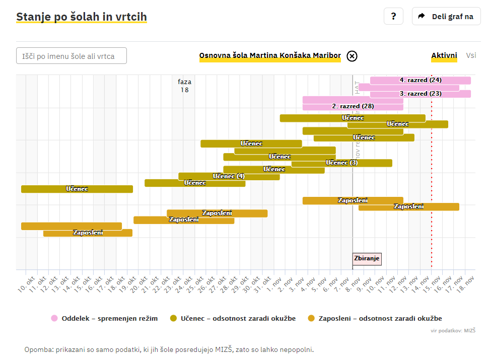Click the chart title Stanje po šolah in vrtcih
pos(82,17)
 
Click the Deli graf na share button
pos(446,16)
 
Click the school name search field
pos(72,56)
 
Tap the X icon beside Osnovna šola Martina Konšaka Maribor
pos(352,56)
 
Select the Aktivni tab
pos(444,55)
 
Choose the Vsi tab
pos(471,55)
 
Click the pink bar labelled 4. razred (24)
pos(421,80)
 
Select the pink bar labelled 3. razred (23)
pos(421,94)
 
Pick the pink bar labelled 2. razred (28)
pos(353,106)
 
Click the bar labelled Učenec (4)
pos(229,176)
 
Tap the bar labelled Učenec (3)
pos(341,163)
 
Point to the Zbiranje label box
pos(367,259)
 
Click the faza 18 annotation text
pos(184,86)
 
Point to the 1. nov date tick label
pos(274,284)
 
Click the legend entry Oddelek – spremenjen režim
pos(104,318)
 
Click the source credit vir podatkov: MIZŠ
pos(453,330)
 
